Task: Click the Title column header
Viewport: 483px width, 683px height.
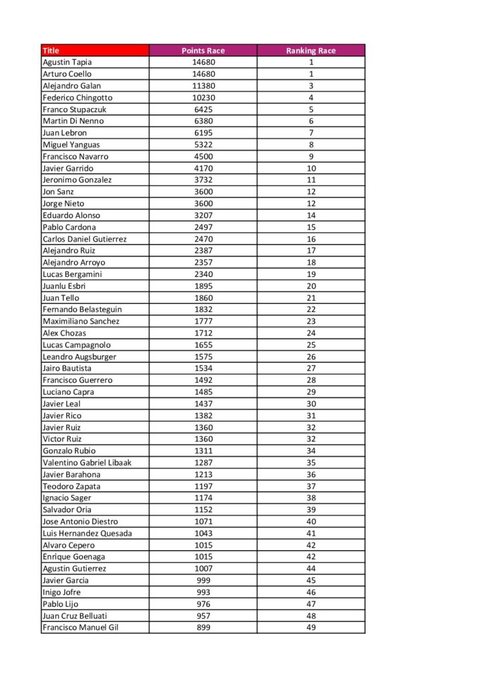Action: click(x=51, y=51)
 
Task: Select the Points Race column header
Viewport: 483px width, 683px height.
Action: click(x=203, y=51)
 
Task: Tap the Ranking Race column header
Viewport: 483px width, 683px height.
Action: click(x=311, y=51)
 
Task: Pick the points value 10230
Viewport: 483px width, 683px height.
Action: click(x=203, y=97)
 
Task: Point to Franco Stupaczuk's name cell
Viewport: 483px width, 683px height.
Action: click(x=75, y=109)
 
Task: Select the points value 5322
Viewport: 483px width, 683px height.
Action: click(x=203, y=145)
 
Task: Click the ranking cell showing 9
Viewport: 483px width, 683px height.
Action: click(x=311, y=157)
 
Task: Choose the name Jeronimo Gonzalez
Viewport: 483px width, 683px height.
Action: click(x=77, y=180)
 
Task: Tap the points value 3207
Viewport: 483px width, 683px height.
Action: click(x=203, y=215)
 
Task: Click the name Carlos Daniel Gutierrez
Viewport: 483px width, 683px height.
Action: click(x=85, y=239)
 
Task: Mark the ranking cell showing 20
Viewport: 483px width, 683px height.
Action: click(x=311, y=286)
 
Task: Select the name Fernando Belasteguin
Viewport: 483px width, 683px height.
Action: click(x=82, y=309)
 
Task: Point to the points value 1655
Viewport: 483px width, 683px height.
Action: click(x=203, y=345)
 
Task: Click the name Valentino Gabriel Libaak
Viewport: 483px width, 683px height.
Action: click(x=87, y=462)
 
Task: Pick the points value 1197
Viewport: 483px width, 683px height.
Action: click(x=203, y=486)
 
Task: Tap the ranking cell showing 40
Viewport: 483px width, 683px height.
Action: click(x=311, y=522)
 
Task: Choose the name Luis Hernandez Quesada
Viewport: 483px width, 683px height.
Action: click(x=87, y=533)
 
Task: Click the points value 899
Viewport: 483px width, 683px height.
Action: click(x=203, y=627)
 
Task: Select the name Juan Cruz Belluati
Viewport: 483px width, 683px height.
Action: click(x=75, y=616)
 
